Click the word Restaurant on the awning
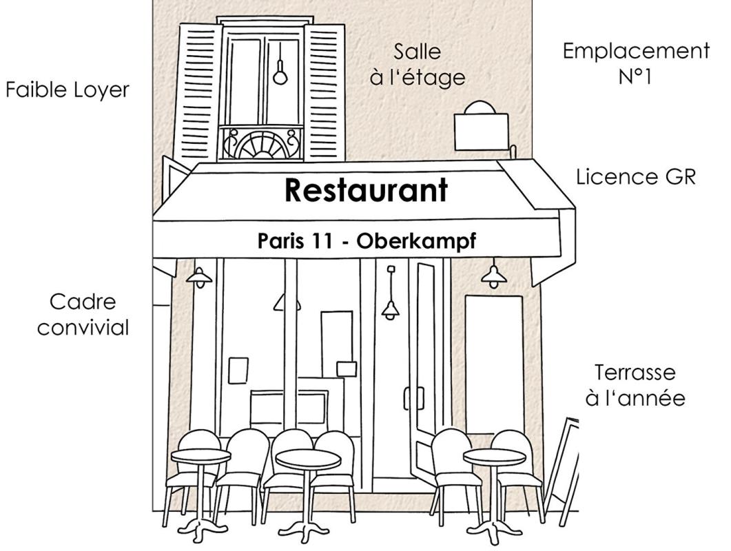pos(366,190)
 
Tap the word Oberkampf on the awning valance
pos(416,242)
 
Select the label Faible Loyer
pos(67,90)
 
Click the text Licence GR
pos(636,177)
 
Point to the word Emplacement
pos(637,51)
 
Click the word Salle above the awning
pos(418,51)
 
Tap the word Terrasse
pos(635,373)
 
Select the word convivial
pos(83,327)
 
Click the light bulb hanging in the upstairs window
pos(280,74)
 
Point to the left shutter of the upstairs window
pos(198,93)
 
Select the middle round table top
pos(308,459)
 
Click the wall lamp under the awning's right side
pos(494,276)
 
